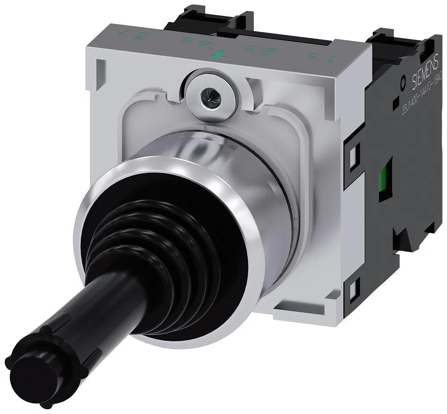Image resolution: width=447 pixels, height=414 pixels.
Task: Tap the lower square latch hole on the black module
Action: [353, 290]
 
